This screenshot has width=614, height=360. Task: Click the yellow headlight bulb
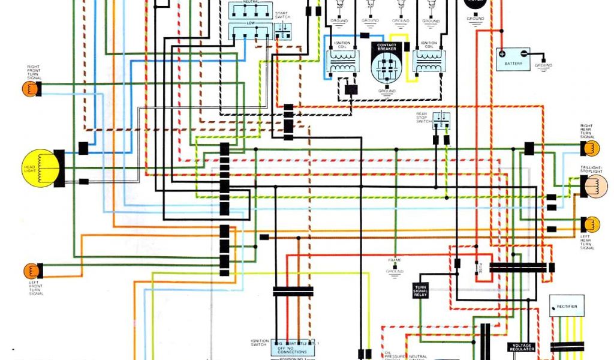pyautogui.click(x=41, y=167)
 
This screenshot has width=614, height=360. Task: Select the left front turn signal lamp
pyautogui.click(x=31, y=271)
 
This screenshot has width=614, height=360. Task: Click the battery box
pyautogui.click(x=513, y=59)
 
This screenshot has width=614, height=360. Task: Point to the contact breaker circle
pyautogui.click(x=387, y=67)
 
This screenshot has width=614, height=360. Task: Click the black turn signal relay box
pyautogui.click(x=420, y=290)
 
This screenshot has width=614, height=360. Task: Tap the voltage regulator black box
pyautogui.click(x=522, y=347)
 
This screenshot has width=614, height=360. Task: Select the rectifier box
pyautogui.click(x=566, y=307)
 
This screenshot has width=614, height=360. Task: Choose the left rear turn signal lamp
pyautogui.click(x=591, y=224)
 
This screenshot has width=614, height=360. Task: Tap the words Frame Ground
pyautogui.click(x=395, y=266)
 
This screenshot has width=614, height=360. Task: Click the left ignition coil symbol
pyautogui.click(x=342, y=62)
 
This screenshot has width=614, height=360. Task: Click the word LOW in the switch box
pyautogui.click(x=251, y=22)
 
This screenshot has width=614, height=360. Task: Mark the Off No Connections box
pyautogui.click(x=292, y=349)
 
